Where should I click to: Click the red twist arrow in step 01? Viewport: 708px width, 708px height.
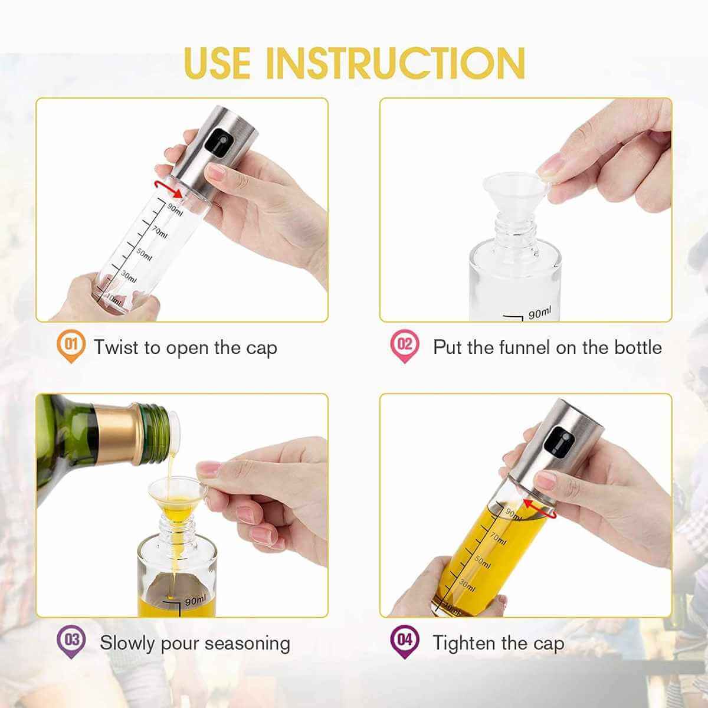[168, 188]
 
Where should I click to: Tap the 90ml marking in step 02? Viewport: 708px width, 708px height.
[539, 313]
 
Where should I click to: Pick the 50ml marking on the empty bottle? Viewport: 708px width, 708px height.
[145, 253]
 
